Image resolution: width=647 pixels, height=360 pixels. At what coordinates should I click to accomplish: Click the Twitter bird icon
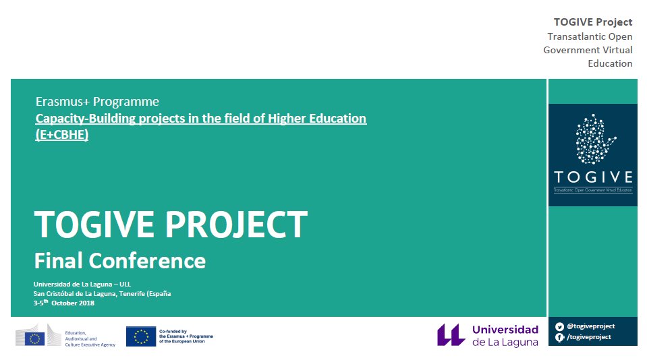[559, 326]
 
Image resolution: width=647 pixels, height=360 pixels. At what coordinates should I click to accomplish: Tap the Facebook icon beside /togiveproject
[559, 337]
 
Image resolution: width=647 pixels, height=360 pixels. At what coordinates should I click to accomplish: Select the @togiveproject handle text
[590, 326]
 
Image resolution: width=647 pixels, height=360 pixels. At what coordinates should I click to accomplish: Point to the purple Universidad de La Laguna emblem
[451, 335]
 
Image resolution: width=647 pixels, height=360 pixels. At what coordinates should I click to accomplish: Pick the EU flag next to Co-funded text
[140, 336]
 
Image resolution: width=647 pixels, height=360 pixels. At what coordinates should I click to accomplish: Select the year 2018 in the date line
[86, 303]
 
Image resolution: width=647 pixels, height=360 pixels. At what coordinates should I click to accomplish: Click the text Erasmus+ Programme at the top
[97, 102]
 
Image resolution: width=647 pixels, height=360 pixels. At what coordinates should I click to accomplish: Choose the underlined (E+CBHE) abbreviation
[61, 134]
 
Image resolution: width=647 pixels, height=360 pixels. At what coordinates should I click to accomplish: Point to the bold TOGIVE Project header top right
[593, 22]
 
